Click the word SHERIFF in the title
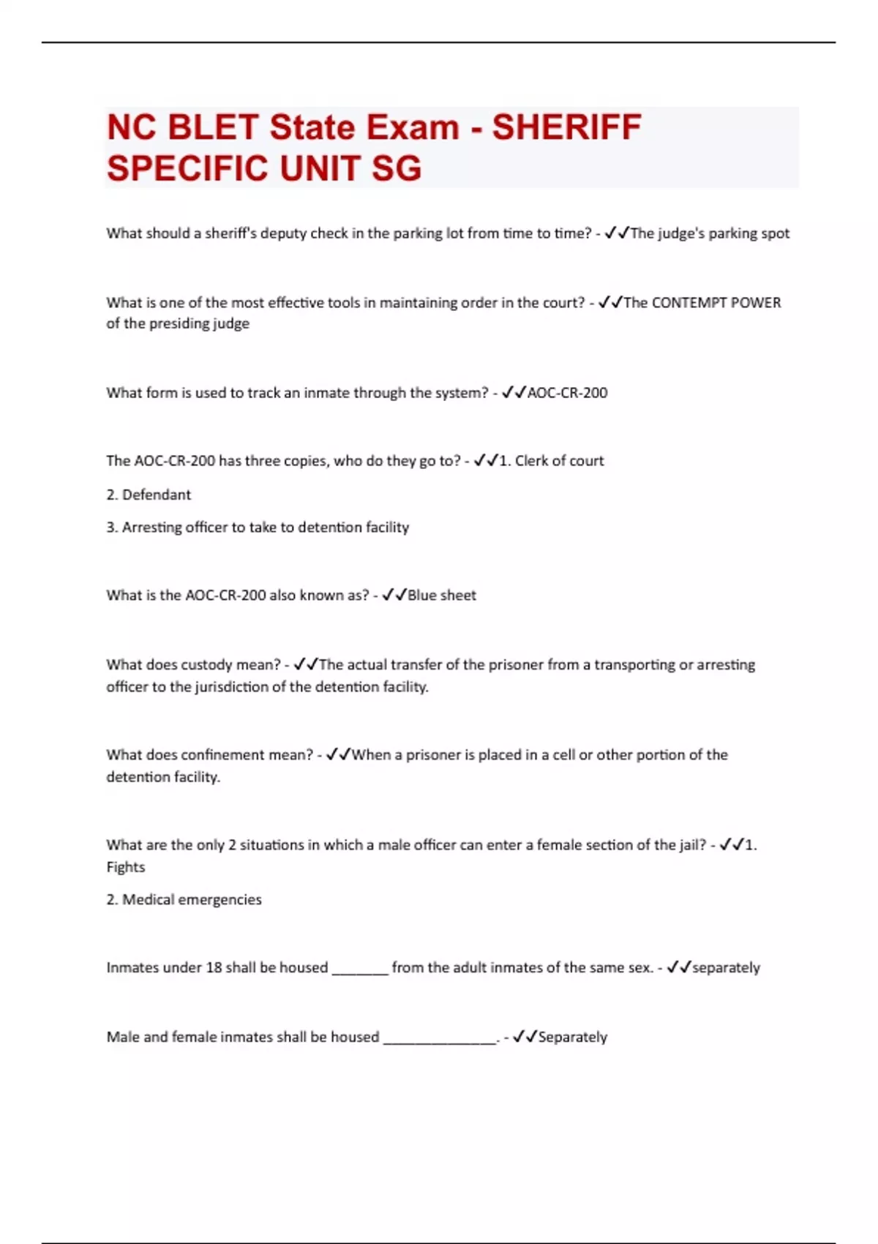(567, 127)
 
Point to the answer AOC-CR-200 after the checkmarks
(567, 393)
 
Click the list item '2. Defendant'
(149, 495)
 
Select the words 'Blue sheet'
(441, 596)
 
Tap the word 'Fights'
(126, 867)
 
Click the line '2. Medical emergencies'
(184, 900)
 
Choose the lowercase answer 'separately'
(726, 968)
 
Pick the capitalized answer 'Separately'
(572, 1038)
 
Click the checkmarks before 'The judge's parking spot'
(617, 233)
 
